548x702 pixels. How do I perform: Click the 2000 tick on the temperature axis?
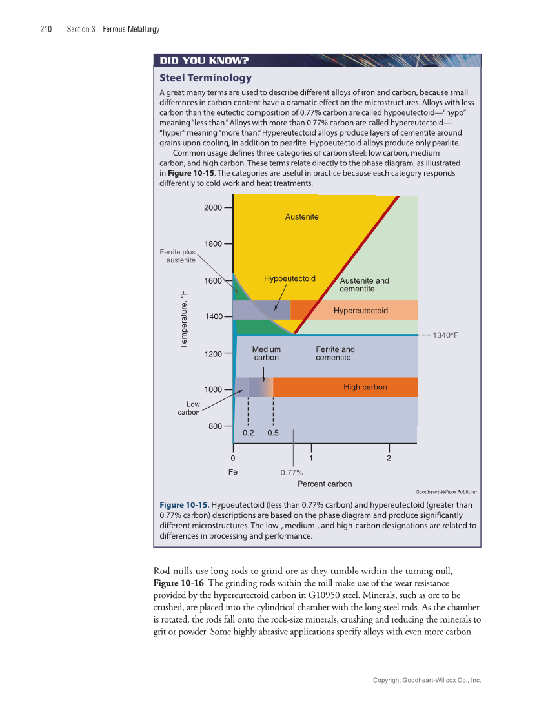(213, 207)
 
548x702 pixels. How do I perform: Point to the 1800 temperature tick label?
(213, 243)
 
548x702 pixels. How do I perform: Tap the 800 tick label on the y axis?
(215, 426)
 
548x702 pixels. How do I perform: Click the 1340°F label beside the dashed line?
(445, 335)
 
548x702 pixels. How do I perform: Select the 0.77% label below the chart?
(292, 473)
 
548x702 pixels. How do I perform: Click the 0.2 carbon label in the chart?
(248, 433)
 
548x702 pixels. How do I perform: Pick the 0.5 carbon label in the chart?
(273, 433)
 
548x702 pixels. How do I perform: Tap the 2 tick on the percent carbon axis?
(389, 459)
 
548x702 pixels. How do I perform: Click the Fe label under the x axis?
(233, 472)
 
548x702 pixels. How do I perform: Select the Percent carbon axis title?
(325, 484)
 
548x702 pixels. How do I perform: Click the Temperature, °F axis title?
(184, 319)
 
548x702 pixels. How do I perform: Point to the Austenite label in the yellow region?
(301, 216)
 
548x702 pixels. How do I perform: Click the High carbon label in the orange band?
(365, 387)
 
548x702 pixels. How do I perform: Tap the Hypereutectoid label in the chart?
(361, 311)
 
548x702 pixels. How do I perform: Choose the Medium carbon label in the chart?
(266, 353)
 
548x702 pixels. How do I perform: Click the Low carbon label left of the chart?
(189, 408)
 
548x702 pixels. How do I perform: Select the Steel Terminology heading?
(205, 78)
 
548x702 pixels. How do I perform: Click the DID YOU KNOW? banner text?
(204, 61)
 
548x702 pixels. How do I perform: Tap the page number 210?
(46, 29)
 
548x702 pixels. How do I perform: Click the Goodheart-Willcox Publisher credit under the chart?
(446, 492)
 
